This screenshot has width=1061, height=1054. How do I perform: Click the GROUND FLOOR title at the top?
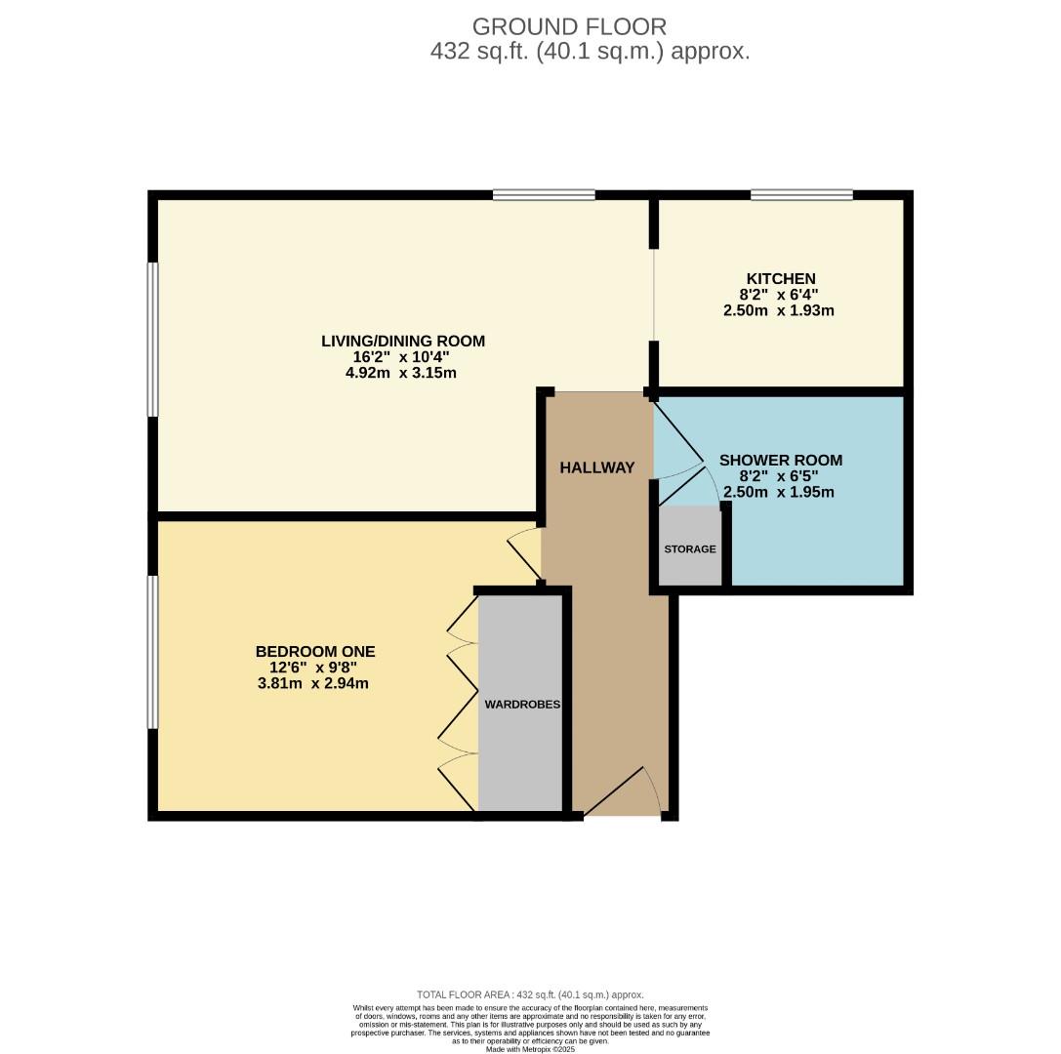coord(569,26)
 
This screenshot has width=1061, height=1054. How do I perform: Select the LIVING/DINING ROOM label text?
coord(403,341)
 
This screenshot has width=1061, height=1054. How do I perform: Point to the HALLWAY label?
coord(596,467)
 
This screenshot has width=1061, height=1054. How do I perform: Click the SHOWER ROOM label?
coord(780,461)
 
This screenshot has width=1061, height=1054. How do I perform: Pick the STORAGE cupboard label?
coord(690,549)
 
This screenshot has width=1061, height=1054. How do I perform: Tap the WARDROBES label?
coord(522,704)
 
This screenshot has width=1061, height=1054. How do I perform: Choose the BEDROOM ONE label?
coord(314,652)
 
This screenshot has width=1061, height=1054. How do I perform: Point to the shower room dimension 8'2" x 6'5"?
coord(778,476)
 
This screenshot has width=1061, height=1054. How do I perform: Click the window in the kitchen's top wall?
coord(801,195)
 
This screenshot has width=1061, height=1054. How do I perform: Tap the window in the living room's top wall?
coord(544,195)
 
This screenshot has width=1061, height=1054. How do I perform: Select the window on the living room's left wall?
coord(152,339)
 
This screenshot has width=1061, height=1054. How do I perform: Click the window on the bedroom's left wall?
coord(152,651)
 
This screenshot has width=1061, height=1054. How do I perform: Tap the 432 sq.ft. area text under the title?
coord(590,52)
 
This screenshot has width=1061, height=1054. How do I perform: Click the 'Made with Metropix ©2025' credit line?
coord(530,1048)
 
